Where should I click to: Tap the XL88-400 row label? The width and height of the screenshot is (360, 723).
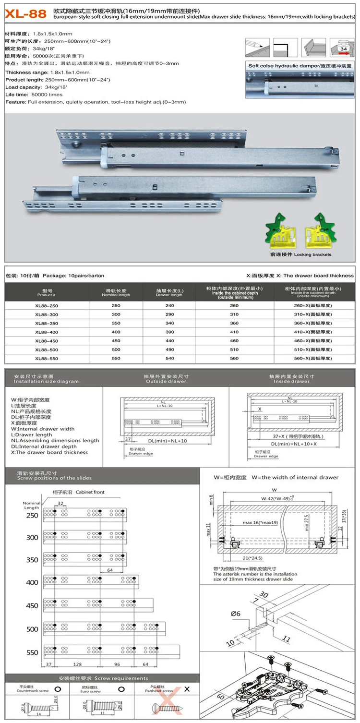click(47, 332)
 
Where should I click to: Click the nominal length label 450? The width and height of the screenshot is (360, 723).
click(32, 605)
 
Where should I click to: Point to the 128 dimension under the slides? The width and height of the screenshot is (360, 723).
click(77, 664)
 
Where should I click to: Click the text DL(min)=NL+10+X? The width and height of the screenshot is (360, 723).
click(294, 444)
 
